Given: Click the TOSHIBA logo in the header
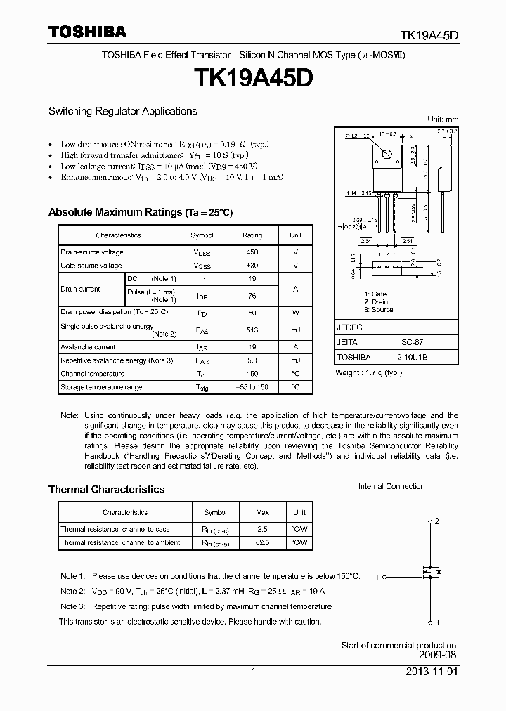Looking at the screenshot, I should [x=88, y=31].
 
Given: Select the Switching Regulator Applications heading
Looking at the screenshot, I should [x=122, y=111].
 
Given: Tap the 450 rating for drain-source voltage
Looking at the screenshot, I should [x=252, y=252].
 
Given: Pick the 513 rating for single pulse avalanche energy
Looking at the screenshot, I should [x=252, y=330].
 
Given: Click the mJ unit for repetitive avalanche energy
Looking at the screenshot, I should [x=295, y=360].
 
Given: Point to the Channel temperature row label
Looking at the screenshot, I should [x=93, y=374].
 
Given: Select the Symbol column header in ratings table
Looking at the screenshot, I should [x=202, y=235].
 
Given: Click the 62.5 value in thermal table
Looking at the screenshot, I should [x=262, y=542].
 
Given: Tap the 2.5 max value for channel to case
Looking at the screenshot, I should [x=262, y=529].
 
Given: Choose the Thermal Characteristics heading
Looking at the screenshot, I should [x=106, y=490].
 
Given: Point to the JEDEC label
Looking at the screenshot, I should [x=349, y=327].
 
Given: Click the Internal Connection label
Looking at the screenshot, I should [x=391, y=486].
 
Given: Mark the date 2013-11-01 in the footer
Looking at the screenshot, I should [x=432, y=672].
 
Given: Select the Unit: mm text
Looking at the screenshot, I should [x=443, y=119].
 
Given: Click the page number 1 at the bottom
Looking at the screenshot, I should [x=253, y=672].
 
